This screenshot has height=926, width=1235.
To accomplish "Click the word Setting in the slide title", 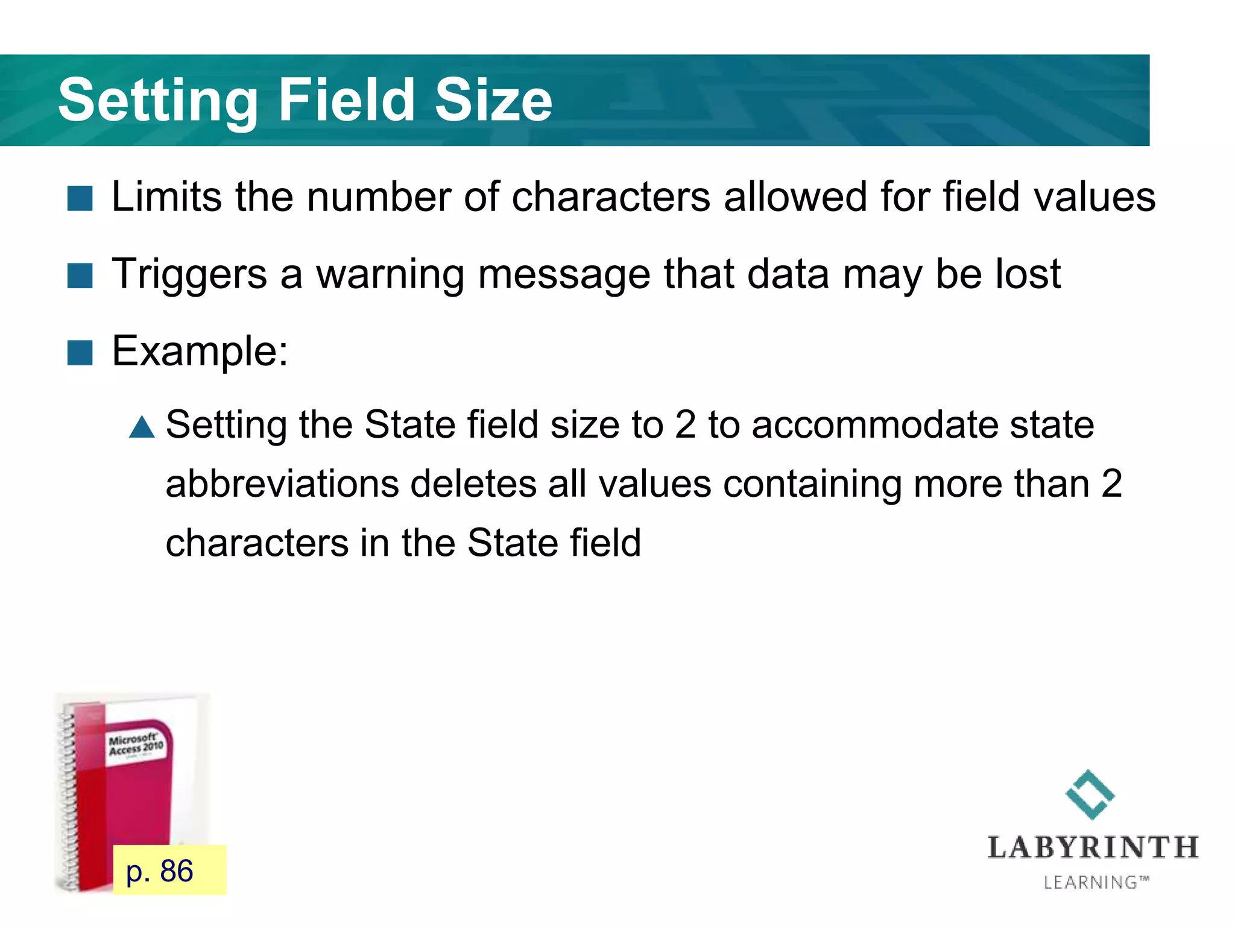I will (x=158, y=101).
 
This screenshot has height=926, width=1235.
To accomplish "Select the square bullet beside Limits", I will (x=80, y=198).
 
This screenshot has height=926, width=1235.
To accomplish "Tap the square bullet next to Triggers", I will (x=80, y=276).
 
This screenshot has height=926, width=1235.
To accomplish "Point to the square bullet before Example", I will (x=80, y=353).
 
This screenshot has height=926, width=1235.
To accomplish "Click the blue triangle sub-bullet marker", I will (x=142, y=427).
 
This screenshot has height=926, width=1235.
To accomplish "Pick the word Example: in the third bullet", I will (x=200, y=351).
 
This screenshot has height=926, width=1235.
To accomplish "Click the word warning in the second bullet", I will (x=390, y=274).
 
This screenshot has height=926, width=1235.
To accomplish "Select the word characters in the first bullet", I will (x=611, y=197).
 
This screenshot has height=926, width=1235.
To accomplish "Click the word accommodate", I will (x=876, y=424).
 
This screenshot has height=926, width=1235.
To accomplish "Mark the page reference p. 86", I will (x=160, y=871).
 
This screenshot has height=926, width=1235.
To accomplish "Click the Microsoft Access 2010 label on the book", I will (x=136, y=744).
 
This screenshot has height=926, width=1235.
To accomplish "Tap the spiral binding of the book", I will (x=68, y=796).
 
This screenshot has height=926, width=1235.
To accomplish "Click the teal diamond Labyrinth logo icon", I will (x=1090, y=795).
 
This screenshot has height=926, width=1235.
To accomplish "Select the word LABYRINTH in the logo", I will (x=1093, y=848).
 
